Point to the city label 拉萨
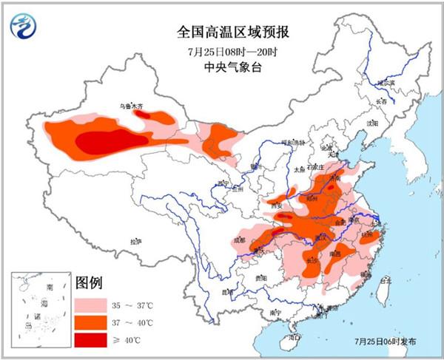pos(135,242)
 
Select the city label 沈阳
pos(371,123)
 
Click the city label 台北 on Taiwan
pos(385,281)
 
